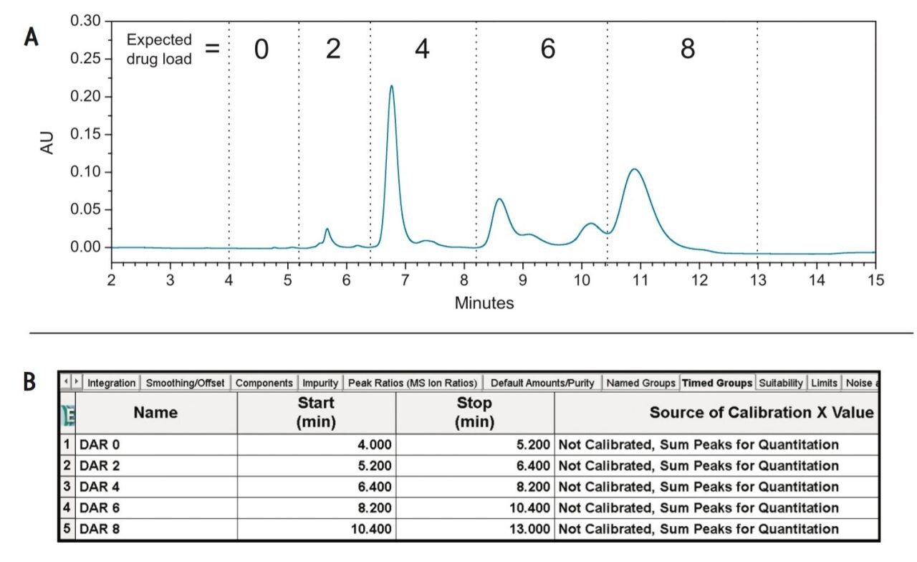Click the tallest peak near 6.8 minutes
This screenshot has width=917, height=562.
(x=391, y=87)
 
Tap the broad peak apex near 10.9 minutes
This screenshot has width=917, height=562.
(x=634, y=170)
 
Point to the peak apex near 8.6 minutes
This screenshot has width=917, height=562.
(x=499, y=199)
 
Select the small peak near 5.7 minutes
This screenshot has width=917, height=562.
(x=327, y=229)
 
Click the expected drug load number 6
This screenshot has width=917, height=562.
(x=548, y=49)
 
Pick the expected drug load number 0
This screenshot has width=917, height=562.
(x=261, y=49)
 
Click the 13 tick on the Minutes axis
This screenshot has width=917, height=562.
(x=757, y=280)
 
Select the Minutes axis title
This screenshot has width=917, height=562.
(x=484, y=303)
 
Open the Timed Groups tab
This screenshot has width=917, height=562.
(x=717, y=383)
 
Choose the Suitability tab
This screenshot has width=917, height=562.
(x=781, y=383)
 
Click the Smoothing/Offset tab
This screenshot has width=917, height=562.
(x=186, y=383)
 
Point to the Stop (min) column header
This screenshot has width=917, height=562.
(x=474, y=413)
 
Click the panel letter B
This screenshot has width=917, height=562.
(x=30, y=381)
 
